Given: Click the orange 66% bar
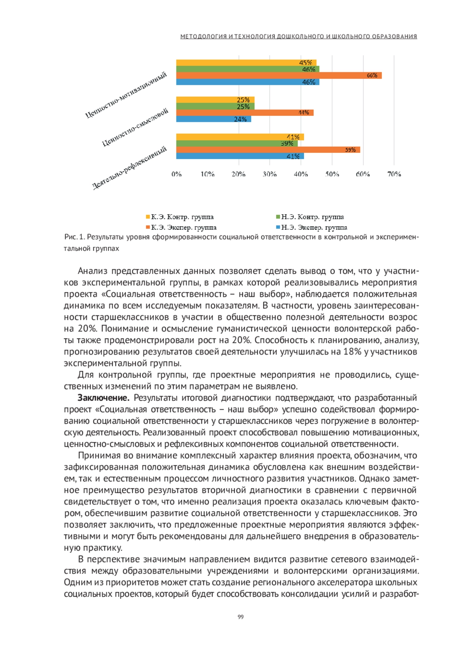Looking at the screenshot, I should tap(279, 75).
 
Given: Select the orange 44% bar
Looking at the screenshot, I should tap(245, 113).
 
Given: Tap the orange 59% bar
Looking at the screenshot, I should tap(268, 150).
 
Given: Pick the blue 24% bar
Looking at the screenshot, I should tap(213, 119).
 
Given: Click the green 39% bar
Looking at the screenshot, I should tap(237, 143).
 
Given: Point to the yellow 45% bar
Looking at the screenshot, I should tap(246, 63).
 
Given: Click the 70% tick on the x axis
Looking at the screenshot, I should tap(394, 174).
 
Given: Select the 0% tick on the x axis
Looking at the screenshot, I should tap(176, 174).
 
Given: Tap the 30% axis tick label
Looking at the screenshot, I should tap(269, 174).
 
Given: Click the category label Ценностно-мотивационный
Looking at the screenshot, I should tap(126, 95).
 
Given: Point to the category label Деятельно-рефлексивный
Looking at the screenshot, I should tap(130, 168).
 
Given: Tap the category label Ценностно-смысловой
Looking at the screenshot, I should tap(135, 127).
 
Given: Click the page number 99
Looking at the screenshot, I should tap(241, 617).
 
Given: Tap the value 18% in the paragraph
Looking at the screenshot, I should tap(352, 352).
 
